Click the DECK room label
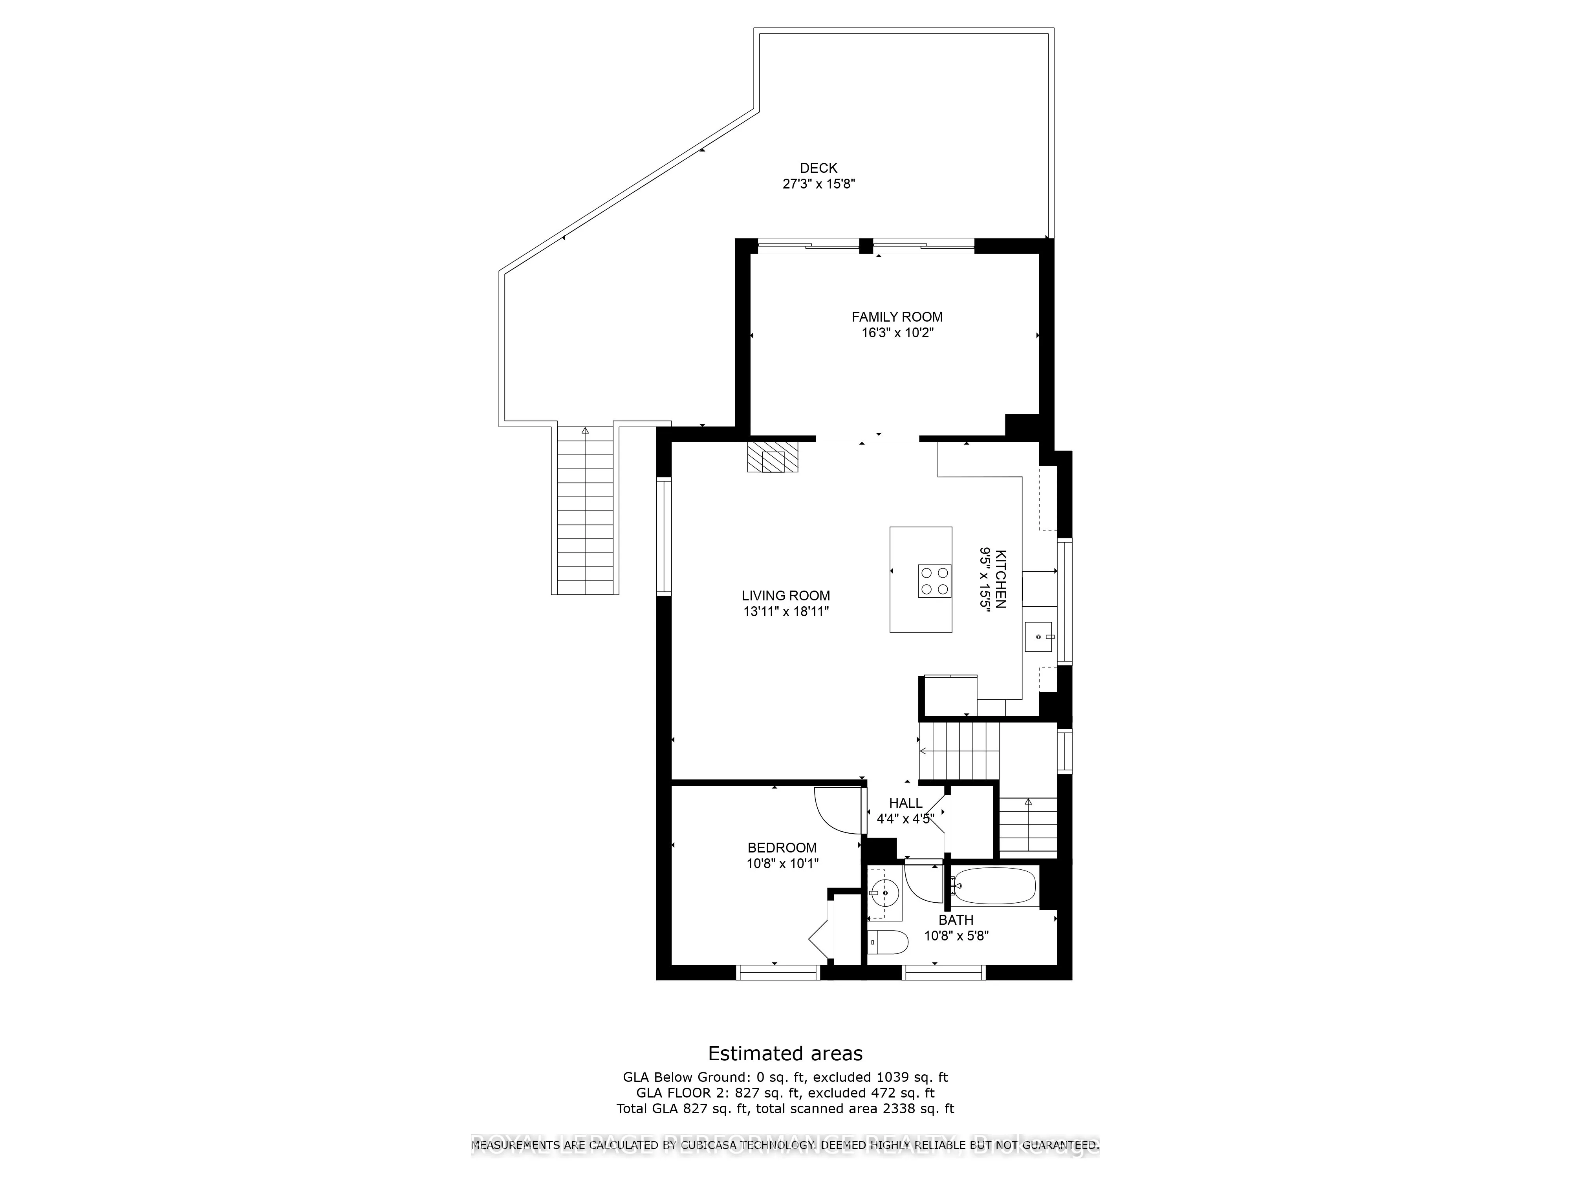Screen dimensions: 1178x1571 [x=818, y=168]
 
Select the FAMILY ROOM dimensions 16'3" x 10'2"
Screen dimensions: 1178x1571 [x=897, y=333]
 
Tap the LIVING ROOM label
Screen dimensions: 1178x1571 [x=785, y=596]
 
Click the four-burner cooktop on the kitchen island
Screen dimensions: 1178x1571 [x=934, y=581]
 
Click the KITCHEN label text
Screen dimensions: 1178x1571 [x=1000, y=579]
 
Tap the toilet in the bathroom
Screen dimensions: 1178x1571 [x=888, y=942]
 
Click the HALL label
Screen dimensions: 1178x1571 [x=906, y=803]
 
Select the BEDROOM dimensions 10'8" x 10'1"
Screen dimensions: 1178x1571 [x=782, y=863]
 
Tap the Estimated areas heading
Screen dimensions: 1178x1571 [x=785, y=1053]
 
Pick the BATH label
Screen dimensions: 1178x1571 [x=956, y=920]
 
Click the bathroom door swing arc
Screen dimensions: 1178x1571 [x=921, y=884]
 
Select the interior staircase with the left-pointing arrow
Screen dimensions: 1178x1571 [x=959, y=750]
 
